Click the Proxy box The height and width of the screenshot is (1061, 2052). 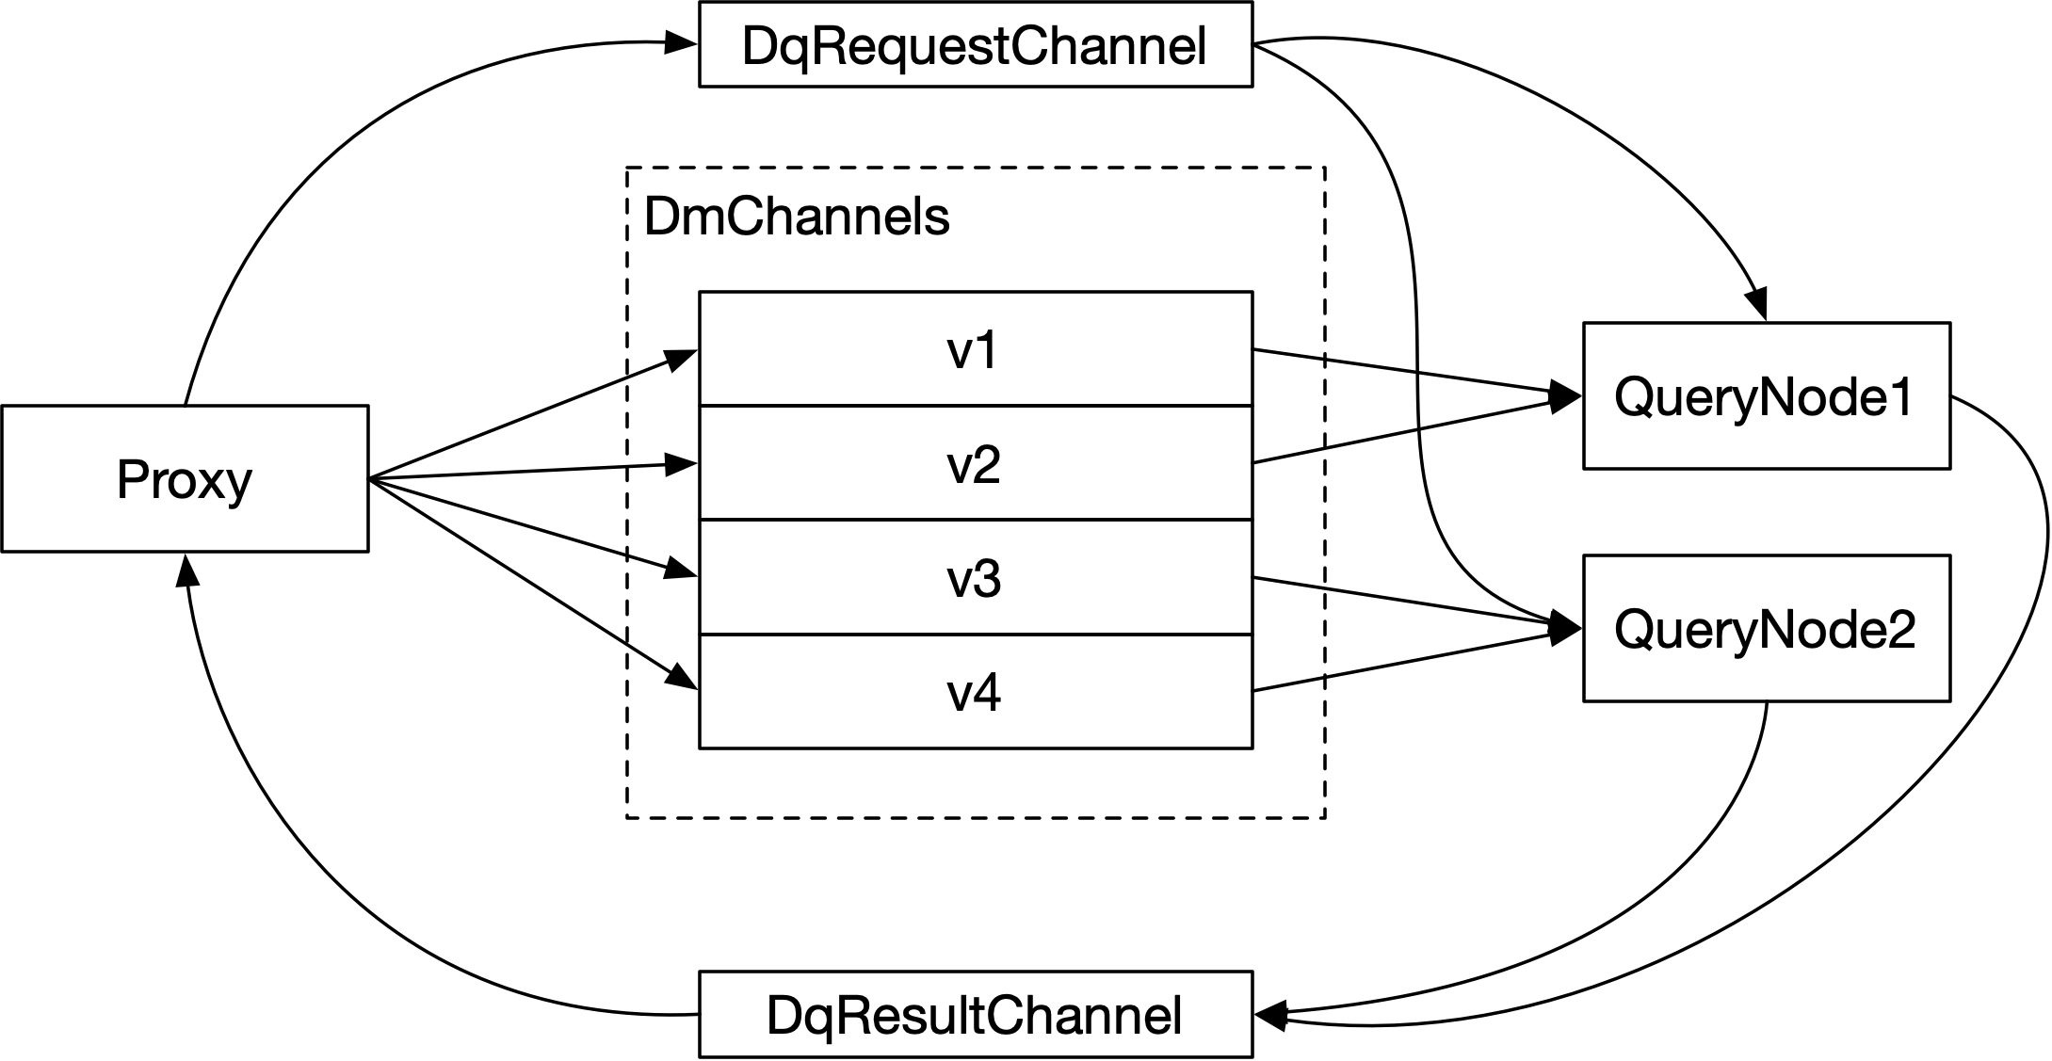point(185,478)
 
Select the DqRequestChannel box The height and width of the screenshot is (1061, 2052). point(975,45)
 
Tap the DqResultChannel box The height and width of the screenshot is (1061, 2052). point(975,1015)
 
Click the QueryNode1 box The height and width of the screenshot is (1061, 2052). point(1766,395)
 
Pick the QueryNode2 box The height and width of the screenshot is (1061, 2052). point(1766,628)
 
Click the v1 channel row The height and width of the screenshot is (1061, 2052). point(975,349)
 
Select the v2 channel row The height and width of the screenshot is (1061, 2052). point(975,463)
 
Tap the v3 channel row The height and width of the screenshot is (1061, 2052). point(975,577)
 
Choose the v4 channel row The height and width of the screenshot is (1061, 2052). point(975,692)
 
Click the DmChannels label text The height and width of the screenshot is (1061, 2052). point(797,217)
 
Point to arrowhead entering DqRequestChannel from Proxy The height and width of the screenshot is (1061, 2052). point(680,42)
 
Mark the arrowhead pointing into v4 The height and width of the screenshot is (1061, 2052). point(683,678)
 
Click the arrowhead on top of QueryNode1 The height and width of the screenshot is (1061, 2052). point(1756,306)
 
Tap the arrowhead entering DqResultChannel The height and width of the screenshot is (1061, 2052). point(1271,1015)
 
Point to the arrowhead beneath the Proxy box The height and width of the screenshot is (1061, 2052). point(186,569)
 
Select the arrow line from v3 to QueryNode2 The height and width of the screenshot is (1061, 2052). point(1403,601)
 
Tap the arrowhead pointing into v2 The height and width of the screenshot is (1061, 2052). point(680,464)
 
